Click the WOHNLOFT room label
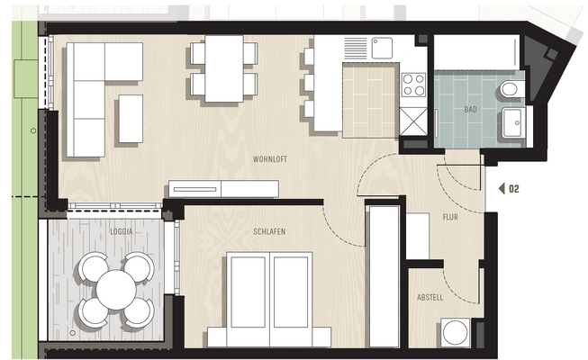click(x=270, y=158)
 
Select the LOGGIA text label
click(x=122, y=231)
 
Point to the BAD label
click(x=470, y=109)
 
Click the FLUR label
click(x=451, y=217)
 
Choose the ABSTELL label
click(x=430, y=297)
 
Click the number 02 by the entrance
click(x=514, y=189)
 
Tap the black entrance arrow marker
click(x=500, y=189)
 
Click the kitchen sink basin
click(x=384, y=47)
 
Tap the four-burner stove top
click(x=413, y=85)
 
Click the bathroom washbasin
click(x=515, y=124)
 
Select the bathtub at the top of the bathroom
click(x=476, y=53)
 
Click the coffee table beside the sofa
click(x=131, y=119)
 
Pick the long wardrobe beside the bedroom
click(x=383, y=274)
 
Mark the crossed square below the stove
click(x=413, y=121)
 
